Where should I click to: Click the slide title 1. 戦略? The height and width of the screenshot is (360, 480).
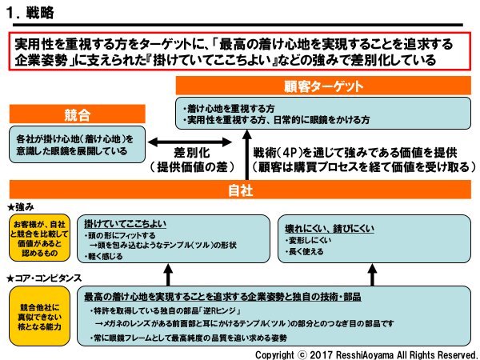click(x=30, y=14)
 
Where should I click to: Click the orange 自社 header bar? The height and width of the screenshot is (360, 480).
click(x=239, y=191)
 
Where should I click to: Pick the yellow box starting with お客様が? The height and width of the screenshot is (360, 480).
click(x=38, y=237)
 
